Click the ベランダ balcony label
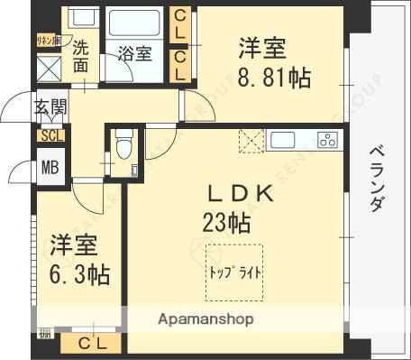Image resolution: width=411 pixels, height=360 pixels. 376,178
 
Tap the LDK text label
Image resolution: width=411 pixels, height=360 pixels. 241,194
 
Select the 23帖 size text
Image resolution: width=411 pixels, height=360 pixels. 226,220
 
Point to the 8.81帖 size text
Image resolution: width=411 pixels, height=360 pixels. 274,76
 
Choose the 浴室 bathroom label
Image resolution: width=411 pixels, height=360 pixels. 136,54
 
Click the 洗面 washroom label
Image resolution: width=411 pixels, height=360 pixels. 80,56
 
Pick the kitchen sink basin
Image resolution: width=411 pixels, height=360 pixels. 282,140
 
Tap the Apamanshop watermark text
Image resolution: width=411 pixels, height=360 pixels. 206,319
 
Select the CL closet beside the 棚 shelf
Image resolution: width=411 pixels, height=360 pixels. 90,343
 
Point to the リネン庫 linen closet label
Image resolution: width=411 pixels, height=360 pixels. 48,40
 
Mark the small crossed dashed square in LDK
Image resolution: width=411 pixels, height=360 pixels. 250,142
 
